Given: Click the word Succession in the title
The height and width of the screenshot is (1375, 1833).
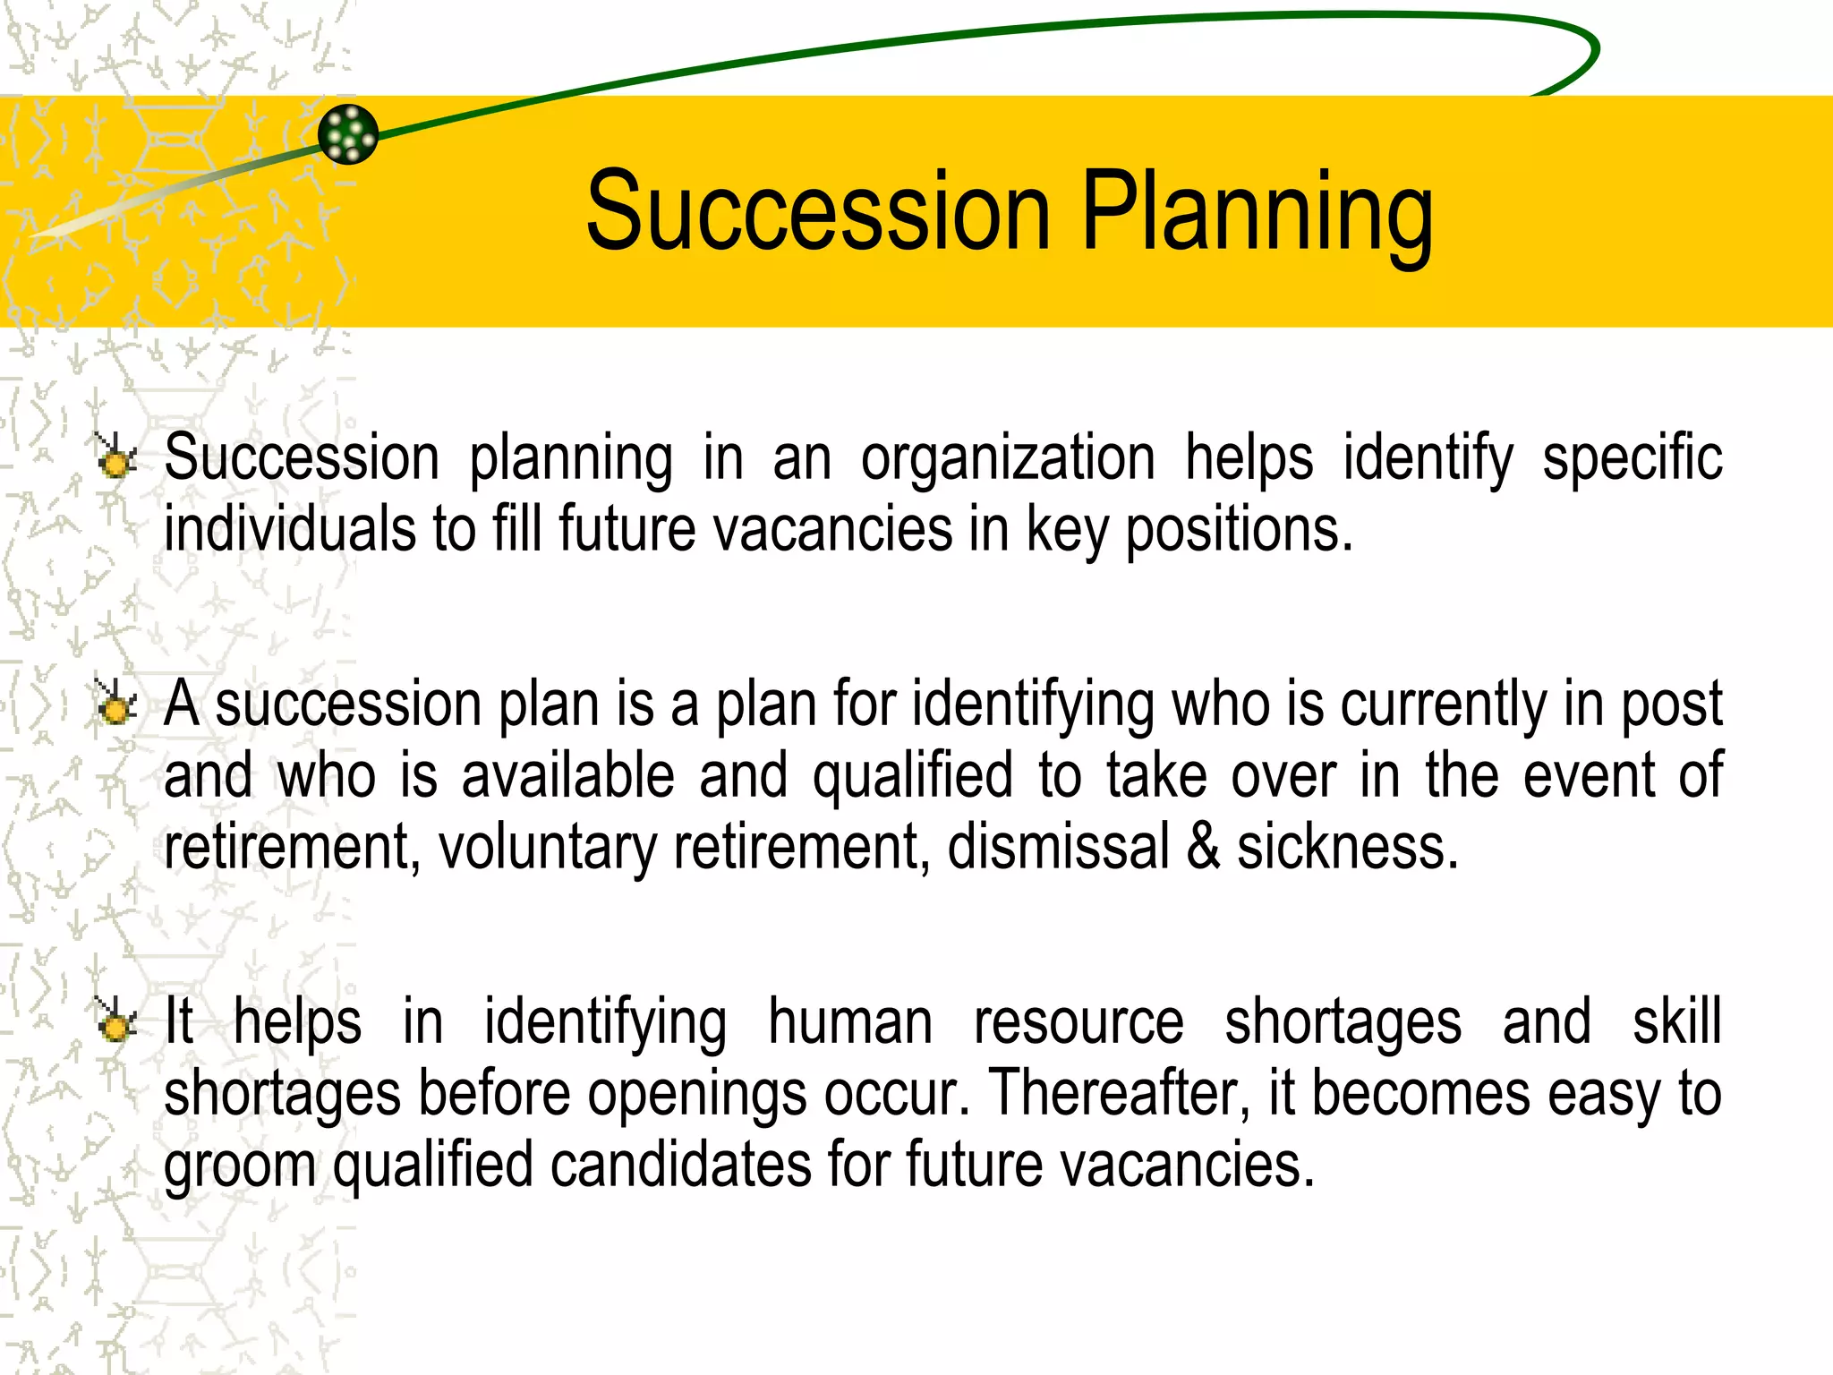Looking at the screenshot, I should [818, 212].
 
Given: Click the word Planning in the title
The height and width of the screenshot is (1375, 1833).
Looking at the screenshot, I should [1257, 212].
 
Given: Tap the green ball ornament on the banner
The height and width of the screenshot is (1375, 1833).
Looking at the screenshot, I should [348, 134].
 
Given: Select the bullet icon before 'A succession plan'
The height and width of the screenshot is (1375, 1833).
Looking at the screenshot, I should [115, 704].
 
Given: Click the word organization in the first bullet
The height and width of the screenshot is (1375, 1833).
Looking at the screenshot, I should [1008, 458].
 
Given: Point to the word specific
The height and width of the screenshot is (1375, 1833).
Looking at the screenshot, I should [1632, 458].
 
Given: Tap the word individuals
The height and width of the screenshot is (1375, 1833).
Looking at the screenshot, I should [289, 528].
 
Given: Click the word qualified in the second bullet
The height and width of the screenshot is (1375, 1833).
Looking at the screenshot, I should [912, 776].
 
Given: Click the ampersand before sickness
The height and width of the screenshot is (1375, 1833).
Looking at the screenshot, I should [1203, 847].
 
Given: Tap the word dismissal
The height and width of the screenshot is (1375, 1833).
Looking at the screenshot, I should [1058, 847].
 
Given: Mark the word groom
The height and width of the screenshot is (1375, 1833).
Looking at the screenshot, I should [240, 1166].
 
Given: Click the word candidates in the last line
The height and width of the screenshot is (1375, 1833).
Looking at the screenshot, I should [680, 1165].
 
